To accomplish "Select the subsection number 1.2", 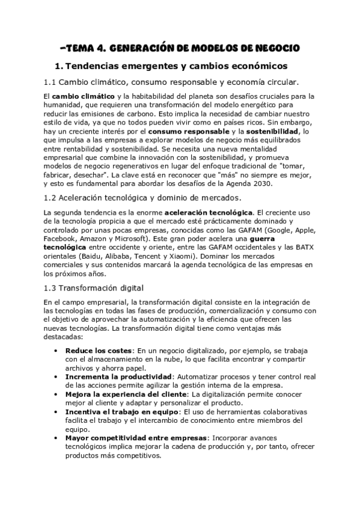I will click(51, 198).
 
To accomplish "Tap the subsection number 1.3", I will click(51, 287).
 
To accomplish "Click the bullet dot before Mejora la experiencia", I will click(55, 394).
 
